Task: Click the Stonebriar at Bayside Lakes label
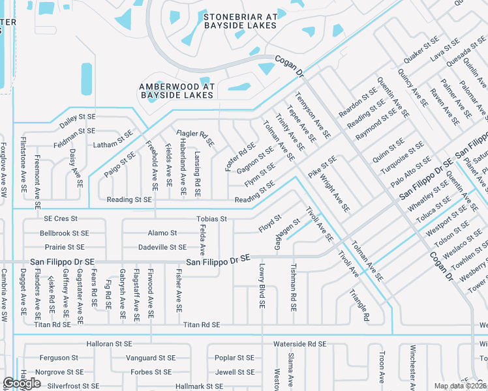point(239,21)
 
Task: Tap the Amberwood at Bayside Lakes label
point(176,91)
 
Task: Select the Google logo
point(22,383)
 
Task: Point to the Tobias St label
point(211,219)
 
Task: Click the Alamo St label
point(162,233)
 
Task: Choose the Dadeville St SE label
point(162,247)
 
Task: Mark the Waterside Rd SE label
point(299,343)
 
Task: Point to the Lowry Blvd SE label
point(261,286)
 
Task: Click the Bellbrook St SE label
point(64,233)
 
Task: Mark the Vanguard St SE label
point(150,358)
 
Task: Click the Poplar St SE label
point(234,358)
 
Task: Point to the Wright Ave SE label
point(337,195)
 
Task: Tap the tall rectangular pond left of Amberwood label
point(86,80)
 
